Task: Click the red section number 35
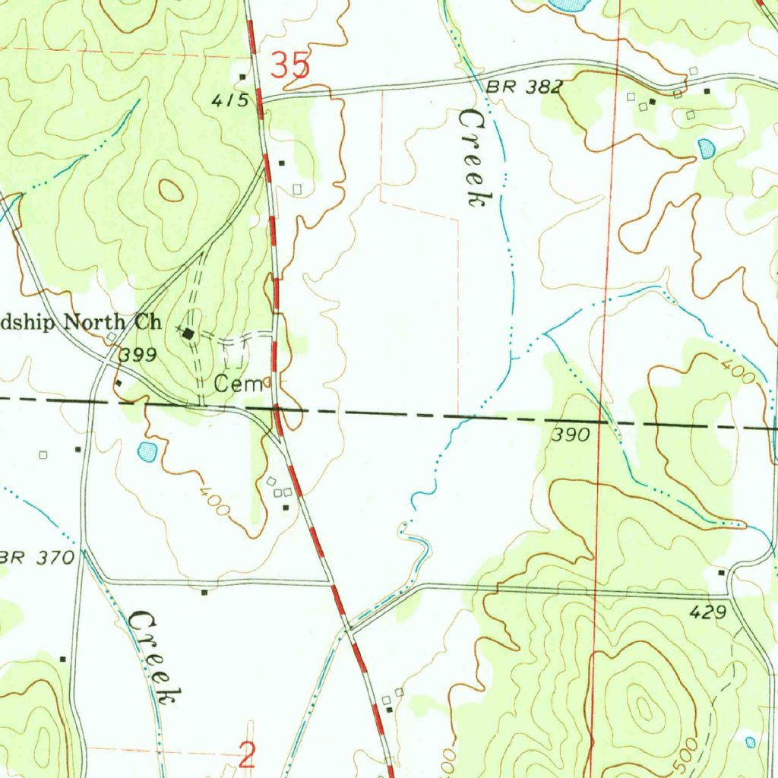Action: [x=291, y=66]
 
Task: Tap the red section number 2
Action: [x=247, y=755]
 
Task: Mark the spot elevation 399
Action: [x=138, y=355]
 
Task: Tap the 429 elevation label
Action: [x=710, y=612]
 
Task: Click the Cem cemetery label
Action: [x=238, y=384]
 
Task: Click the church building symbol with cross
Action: [x=188, y=333]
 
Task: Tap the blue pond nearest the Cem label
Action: [x=147, y=453]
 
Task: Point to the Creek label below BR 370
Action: [x=155, y=656]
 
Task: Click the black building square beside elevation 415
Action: [x=242, y=77]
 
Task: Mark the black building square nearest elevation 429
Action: [x=721, y=572]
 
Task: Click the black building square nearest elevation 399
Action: [x=119, y=383]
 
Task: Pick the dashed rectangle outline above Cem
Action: [x=235, y=354]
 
